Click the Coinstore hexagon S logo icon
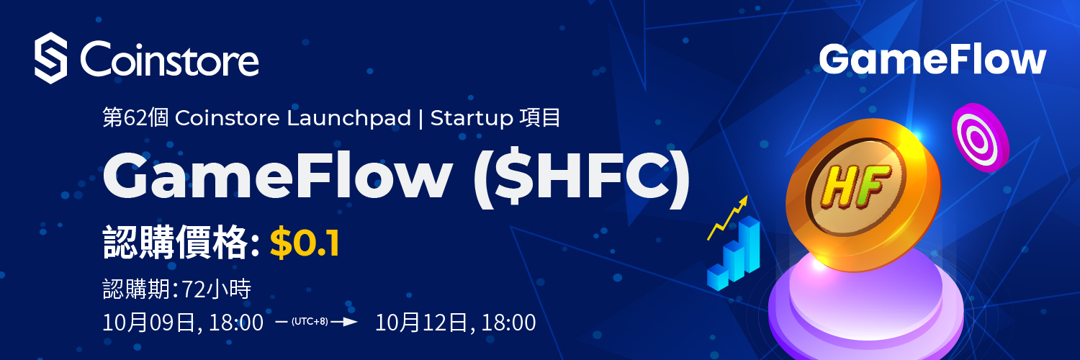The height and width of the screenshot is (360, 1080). click(x=50, y=58)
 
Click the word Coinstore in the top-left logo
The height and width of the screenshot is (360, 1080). click(x=169, y=59)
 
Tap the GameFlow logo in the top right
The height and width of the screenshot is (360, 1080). click(x=932, y=60)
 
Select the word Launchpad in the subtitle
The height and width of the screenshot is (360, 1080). click(x=348, y=119)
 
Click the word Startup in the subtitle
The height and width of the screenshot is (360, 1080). click(x=472, y=119)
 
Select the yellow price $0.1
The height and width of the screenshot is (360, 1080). click(x=305, y=243)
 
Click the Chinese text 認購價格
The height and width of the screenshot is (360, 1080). click(x=176, y=243)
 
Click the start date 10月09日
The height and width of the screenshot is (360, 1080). click(x=149, y=323)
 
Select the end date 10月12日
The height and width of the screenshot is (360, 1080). click(x=421, y=323)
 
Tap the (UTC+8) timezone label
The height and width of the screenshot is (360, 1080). click(x=310, y=321)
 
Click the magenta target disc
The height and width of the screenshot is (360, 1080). click(x=980, y=138)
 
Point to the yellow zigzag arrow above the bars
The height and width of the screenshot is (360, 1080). click(x=727, y=217)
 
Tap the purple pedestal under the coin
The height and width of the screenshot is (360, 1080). click(x=865, y=308)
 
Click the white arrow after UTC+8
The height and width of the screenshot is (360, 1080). click(x=343, y=321)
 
